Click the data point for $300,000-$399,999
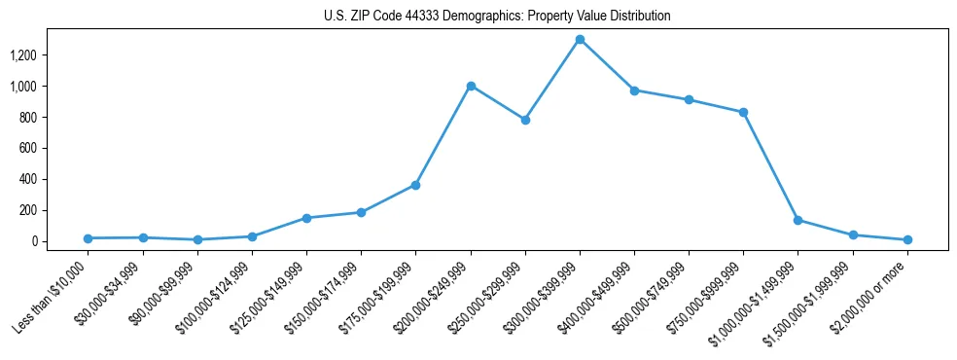pyautogui.click(x=580, y=40)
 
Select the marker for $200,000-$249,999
pyautogui.click(x=471, y=86)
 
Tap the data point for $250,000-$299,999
pyautogui.click(x=525, y=120)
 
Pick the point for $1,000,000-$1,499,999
pyautogui.click(x=797, y=220)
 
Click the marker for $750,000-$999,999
pyautogui.click(x=743, y=112)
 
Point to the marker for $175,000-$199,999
pyautogui.click(x=416, y=185)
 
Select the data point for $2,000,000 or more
pyautogui.click(x=906, y=239)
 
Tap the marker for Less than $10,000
pyautogui.click(x=89, y=238)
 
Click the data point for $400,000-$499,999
pyautogui.click(x=634, y=90)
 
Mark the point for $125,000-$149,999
pyautogui.click(x=306, y=218)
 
